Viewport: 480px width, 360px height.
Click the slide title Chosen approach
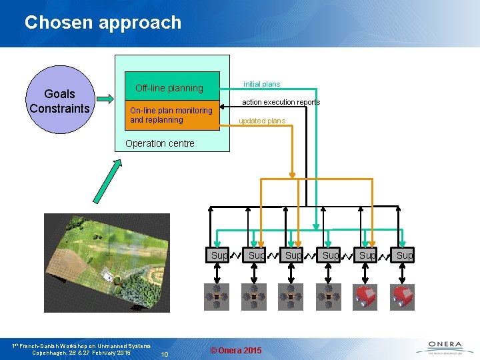(103, 22)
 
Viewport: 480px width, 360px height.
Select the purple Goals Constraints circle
(59, 101)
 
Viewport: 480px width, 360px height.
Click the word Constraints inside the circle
(59, 109)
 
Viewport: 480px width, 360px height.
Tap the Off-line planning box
(169, 88)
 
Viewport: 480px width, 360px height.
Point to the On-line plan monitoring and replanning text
(171, 115)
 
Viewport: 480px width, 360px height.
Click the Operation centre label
(160, 143)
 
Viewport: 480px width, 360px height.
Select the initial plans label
(261, 84)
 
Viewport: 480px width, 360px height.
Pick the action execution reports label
(281, 102)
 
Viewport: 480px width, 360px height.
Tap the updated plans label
(262, 121)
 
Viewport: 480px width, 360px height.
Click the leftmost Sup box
(218, 255)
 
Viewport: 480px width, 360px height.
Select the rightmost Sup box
(404, 255)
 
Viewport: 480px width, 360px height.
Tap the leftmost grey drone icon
(217, 297)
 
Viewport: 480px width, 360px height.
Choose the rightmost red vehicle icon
(403, 297)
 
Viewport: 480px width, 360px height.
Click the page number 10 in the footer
(167, 353)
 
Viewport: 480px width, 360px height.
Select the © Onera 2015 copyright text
(236, 351)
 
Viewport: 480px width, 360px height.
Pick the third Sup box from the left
(293, 255)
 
